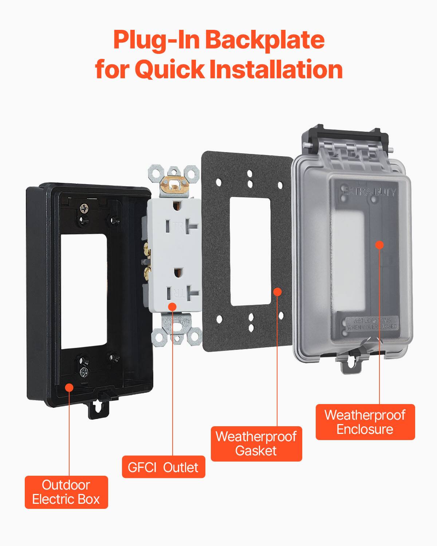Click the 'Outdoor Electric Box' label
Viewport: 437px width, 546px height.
tap(66, 492)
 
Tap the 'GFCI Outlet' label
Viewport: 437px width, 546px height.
tap(164, 467)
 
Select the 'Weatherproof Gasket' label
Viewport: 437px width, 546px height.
tap(256, 444)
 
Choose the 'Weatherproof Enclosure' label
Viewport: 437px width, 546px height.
tap(365, 422)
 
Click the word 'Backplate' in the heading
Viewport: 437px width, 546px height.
tap(265, 40)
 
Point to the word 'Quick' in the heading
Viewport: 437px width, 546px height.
tap(169, 69)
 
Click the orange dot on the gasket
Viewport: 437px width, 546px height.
tap(277, 292)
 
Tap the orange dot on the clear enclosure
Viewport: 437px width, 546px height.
tap(379, 245)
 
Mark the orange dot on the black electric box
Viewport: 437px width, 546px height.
tap(69, 387)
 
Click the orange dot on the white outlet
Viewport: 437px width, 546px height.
tap(173, 307)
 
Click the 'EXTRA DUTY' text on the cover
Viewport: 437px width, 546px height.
tap(370, 191)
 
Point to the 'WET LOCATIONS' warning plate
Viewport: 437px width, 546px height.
tap(372, 324)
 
